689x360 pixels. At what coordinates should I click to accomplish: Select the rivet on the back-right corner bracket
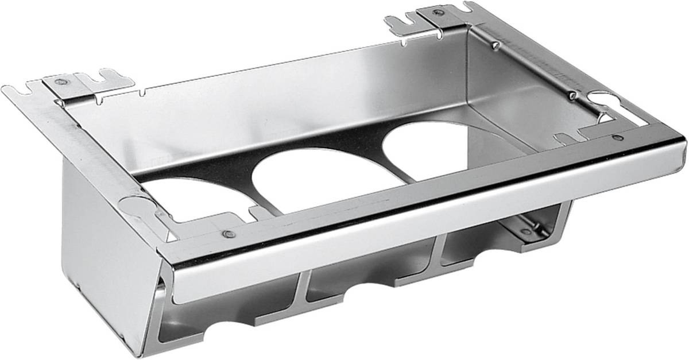pos(439,11)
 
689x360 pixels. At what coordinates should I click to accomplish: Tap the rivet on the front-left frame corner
pos(228,234)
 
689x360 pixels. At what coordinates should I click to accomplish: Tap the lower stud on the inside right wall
pos(572,94)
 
